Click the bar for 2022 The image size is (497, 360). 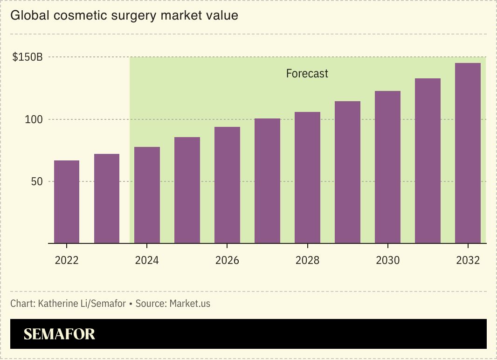(67, 202)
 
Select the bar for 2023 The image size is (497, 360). (107, 199)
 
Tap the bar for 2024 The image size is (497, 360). (147, 195)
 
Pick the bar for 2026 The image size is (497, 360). (227, 185)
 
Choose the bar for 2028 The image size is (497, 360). (307, 178)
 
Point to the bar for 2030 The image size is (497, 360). (387, 167)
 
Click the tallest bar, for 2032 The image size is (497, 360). (468, 153)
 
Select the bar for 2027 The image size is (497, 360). (267, 181)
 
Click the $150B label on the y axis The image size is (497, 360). (28, 57)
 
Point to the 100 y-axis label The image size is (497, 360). (34, 119)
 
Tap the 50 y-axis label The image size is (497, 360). (37, 181)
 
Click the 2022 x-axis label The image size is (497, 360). (67, 260)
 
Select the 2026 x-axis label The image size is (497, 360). (227, 260)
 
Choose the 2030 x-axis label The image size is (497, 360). (387, 260)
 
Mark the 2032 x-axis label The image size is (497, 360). (468, 260)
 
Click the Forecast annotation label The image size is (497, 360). (307, 74)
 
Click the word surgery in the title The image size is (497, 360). (135, 15)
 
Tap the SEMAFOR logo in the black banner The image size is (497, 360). (59, 334)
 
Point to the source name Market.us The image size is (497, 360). (190, 304)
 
